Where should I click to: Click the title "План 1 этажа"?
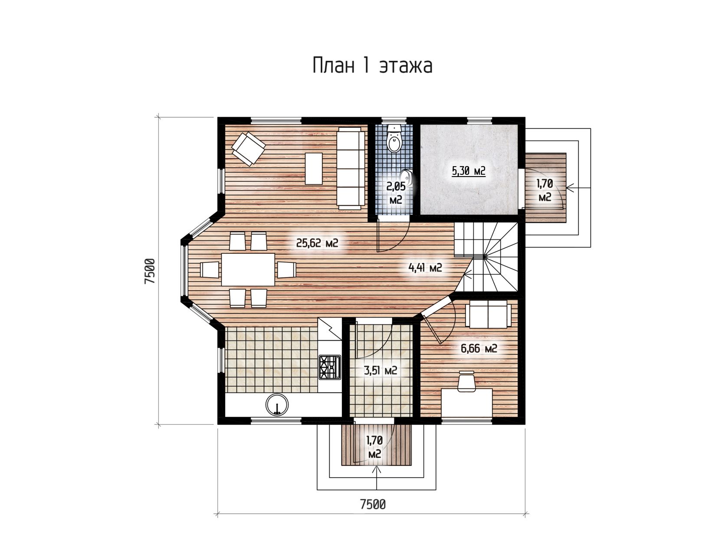(x=372, y=66)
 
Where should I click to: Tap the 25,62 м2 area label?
(x=317, y=243)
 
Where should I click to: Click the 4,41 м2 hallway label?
(x=425, y=268)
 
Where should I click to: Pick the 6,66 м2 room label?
(x=479, y=348)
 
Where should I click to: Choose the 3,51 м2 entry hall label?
(x=381, y=370)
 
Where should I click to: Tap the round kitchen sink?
(x=277, y=404)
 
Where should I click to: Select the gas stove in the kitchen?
(x=330, y=367)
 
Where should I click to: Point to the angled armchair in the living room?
(x=248, y=149)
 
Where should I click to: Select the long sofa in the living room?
(x=351, y=168)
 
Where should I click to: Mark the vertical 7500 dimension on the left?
(x=149, y=271)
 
